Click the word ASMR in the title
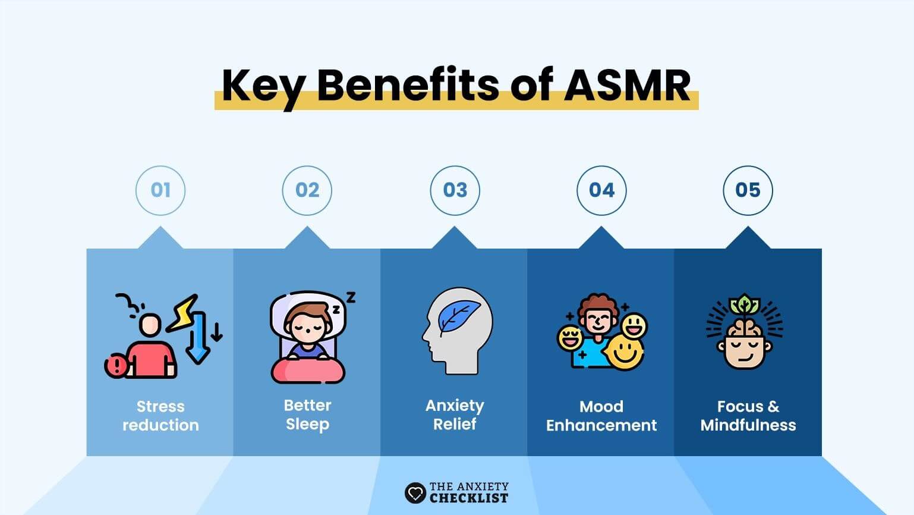coord(627,85)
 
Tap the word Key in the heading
coord(264,88)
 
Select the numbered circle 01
coord(160,190)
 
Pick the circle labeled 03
coord(455,190)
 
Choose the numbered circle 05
coord(748,190)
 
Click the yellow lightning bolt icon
coord(183,313)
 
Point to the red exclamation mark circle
coord(116,366)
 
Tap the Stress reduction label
coord(161,416)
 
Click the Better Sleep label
coord(308,415)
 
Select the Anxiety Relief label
coord(455,415)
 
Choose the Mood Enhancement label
coord(601,416)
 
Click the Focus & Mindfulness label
coord(748,416)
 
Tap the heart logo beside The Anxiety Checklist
coord(415,493)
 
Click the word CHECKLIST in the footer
coord(469,498)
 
